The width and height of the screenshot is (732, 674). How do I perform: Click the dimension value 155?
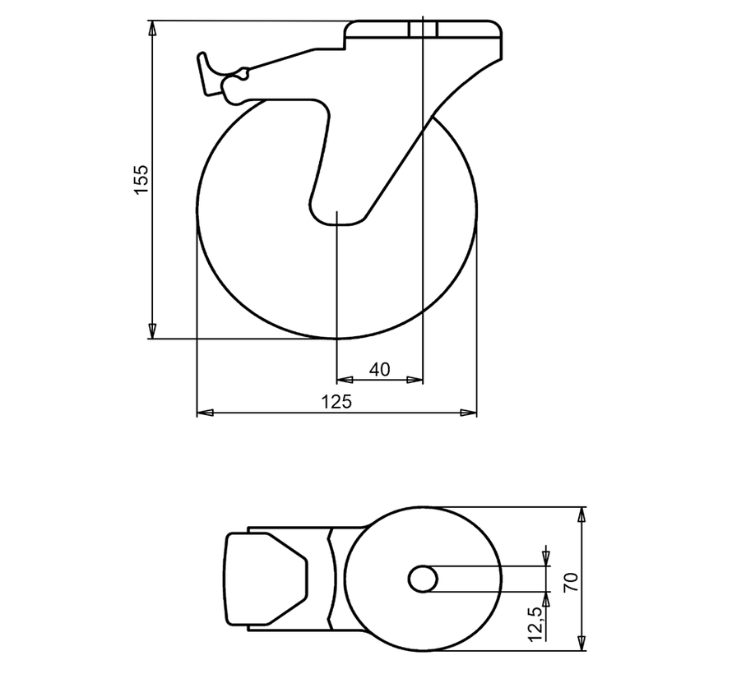(x=141, y=179)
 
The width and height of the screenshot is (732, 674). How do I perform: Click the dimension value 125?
(x=336, y=401)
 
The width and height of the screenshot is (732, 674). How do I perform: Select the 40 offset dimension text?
(x=379, y=370)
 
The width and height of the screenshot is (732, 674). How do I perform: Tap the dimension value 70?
(x=572, y=580)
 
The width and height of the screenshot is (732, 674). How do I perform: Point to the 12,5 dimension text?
(x=535, y=623)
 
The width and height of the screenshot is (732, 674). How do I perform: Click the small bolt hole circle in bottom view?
(x=423, y=579)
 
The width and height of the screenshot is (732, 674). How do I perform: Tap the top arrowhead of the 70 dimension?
(x=582, y=515)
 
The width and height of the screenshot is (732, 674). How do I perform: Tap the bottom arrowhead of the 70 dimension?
(x=582, y=644)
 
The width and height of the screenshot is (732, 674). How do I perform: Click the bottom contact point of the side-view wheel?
(x=337, y=338)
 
